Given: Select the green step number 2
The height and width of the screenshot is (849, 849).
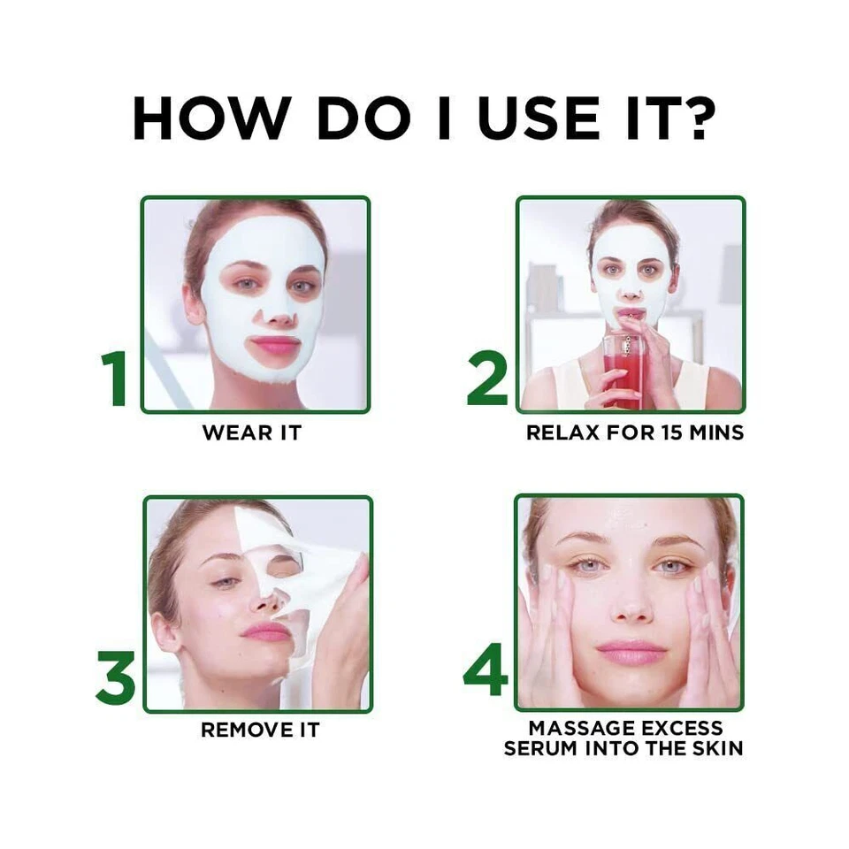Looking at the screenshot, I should pyautogui.click(x=487, y=379).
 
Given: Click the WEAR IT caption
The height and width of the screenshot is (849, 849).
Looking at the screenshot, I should pyautogui.click(x=252, y=433).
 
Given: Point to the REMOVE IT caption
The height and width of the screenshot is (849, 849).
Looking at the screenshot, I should pyautogui.click(x=259, y=730).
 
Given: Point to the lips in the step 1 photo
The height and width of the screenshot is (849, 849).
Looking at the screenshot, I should pyautogui.click(x=275, y=345).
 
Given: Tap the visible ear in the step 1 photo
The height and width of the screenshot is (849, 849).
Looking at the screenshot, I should pyautogui.click(x=193, y=302).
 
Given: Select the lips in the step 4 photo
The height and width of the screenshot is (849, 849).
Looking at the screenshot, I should pyautogui.click(x=631, y=653).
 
